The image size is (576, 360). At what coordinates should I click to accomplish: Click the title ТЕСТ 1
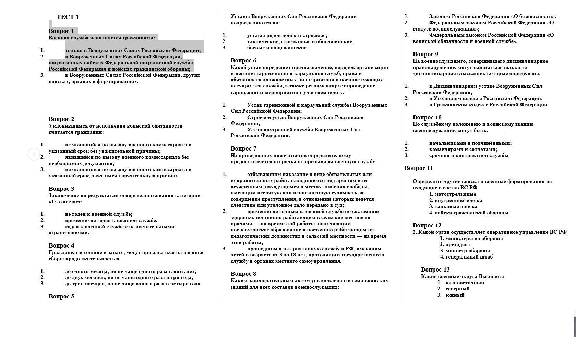pos(68,17)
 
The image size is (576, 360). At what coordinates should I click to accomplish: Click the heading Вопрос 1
pos(61,31)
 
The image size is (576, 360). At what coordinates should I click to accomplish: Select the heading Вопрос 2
pos(61,119)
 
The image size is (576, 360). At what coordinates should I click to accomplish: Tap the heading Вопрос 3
pos(61,189)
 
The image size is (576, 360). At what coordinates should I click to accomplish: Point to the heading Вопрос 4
pos(61,245)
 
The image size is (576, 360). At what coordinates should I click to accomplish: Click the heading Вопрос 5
pos(61,296)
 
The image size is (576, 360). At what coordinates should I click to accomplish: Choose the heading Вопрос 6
pos(243,60)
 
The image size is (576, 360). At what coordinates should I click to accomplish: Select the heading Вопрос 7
pos(243,148)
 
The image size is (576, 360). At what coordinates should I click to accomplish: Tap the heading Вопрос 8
pos(243,274)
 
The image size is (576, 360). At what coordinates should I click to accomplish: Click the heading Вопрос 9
pos(425,54)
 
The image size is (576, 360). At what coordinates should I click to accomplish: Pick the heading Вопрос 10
pos(427,117)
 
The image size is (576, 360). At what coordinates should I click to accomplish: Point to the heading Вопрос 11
pos(419,168)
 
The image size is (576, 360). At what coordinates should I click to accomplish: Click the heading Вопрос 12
pos(427,225)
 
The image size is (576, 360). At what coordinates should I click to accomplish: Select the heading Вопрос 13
pos(435,269)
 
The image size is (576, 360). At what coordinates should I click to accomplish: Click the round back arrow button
pos(34,154)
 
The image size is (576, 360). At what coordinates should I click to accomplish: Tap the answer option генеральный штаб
pos(469,257)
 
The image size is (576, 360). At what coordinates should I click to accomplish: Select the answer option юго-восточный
pos(465,283)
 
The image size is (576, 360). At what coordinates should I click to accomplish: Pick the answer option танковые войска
pos(456,206)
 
